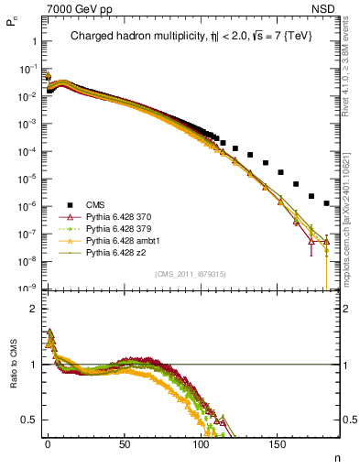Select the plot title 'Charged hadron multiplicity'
coord(133,36)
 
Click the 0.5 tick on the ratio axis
coord(29,420)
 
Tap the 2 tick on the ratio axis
coord(34,309)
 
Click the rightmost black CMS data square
coord(327,203)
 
